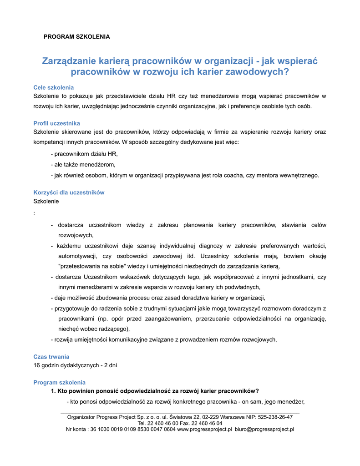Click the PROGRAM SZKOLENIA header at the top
[76, 36]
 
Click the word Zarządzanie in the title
[70, 61]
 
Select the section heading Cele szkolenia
[54, 87]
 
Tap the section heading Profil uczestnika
[57, 123]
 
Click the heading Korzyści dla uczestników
[69, 192]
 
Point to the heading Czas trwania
[51, 357]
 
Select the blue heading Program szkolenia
[60, 383]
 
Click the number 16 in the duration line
[37, 365]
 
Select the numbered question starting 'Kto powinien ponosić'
[155, 391]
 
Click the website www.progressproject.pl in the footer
[204, 429]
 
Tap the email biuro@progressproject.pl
[264, 429]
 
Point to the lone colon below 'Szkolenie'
[35, 213]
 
